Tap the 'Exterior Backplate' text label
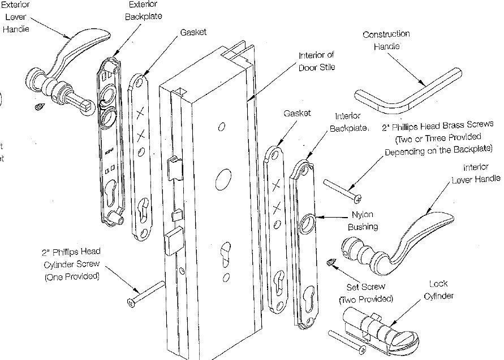143,10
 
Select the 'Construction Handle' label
386,40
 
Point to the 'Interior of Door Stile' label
317,61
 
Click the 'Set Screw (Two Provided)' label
365,293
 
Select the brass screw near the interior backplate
343,190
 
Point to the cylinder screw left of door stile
147,294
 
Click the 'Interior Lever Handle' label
475,173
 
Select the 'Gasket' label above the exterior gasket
193,33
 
